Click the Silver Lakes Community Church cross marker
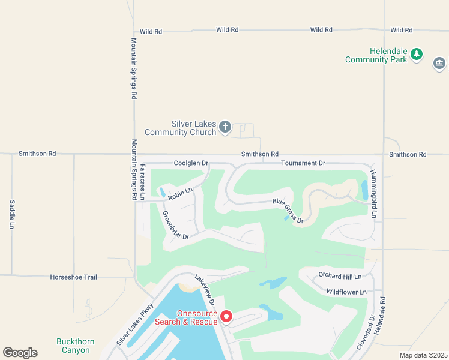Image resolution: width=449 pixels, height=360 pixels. point(225,127)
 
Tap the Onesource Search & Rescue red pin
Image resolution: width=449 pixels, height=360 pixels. point(226,316)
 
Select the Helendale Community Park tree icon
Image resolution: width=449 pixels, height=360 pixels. point(417,55)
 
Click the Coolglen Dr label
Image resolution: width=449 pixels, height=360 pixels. point(191,163)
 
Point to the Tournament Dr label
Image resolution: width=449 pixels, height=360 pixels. point(303,163)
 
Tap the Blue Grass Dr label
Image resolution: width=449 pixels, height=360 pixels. point(288,211)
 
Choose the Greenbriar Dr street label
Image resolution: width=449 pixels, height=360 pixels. point(176,226)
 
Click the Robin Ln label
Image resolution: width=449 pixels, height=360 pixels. point(180,194)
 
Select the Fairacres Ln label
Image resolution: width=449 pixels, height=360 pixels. point(142,182)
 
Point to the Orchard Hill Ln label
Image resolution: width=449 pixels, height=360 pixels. point(340,277)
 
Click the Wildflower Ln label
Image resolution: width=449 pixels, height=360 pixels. point(346,292)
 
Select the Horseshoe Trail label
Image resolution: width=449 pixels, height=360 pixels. point(73,277)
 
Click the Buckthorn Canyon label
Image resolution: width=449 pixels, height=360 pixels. point(76,346)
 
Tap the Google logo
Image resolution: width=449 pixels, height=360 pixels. point(20,353)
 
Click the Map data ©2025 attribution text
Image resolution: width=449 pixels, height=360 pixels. point(423,355)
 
